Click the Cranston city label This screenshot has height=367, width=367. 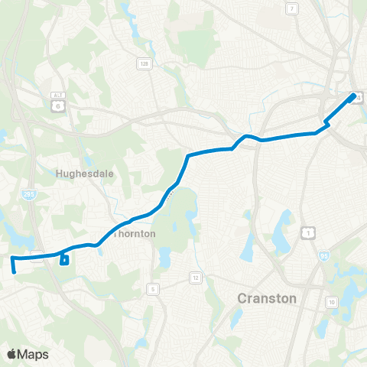click(267, 298)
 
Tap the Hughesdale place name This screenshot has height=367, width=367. click(84, 174)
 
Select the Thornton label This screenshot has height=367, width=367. click(135, 234)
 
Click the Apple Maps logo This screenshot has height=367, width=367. click(27, 354)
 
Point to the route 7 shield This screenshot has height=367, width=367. click(291, 8)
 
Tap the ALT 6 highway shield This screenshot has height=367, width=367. click(56, 108)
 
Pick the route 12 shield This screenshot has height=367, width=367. click(196, 277)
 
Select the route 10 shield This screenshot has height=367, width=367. click(332, 303)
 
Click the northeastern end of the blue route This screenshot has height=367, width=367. click(353, 96)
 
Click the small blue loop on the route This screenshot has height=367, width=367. click(64, 260)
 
